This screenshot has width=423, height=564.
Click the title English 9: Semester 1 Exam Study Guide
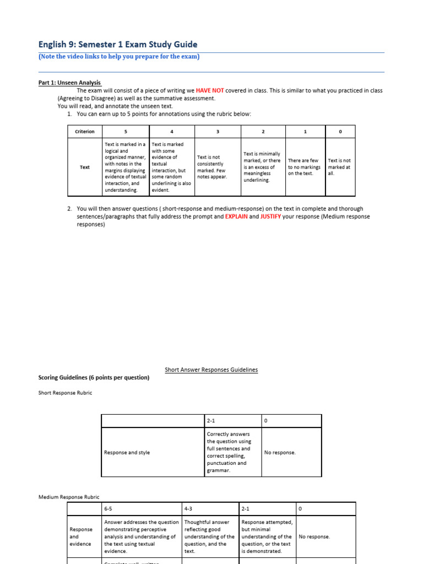click(117, 45)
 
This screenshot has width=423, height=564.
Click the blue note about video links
click(119, 57)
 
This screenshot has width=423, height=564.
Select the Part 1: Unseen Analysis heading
click(69, 83)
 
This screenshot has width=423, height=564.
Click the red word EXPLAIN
click(236, 216)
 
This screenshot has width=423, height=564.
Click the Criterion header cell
click(84, 132)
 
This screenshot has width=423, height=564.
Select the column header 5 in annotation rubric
click(126, 132)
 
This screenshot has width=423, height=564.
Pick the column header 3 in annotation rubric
click(218, 132)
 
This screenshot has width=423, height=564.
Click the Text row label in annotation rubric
click(84, 167)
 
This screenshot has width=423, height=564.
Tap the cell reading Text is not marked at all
click(339, 167)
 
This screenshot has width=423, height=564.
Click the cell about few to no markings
click(303, 167)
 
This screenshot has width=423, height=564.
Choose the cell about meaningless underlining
click(262, 167)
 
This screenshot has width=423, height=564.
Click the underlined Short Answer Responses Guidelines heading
click(211, 370)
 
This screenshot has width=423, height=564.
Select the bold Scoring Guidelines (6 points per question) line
click(94, 377)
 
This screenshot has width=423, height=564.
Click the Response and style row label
click(127, 452)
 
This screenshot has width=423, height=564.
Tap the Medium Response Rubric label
click(69, 497)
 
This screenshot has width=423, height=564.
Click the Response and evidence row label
click(80, 536)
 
